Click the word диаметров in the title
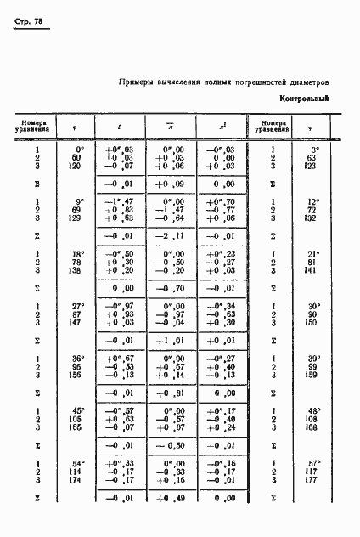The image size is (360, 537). pos(308,82)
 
